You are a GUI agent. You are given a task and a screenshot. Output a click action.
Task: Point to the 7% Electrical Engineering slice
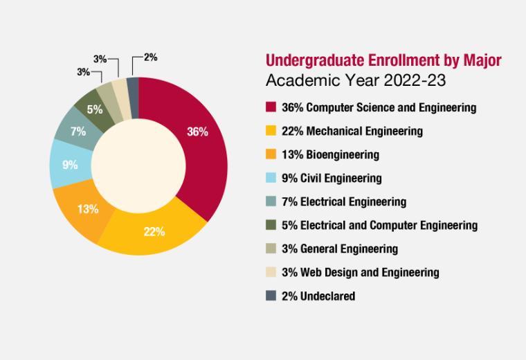[78, 130]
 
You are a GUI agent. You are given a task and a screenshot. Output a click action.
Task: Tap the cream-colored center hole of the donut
[138, 166]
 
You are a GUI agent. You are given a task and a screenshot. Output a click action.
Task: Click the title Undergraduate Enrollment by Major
[383, 60]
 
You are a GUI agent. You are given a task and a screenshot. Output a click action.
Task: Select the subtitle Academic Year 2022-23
[356, 80]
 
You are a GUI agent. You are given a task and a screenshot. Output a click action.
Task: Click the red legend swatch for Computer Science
[271, 107]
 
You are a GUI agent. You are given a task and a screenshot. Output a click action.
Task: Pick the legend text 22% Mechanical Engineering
[352, 131]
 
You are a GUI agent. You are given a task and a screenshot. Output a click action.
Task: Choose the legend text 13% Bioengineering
[330, 154]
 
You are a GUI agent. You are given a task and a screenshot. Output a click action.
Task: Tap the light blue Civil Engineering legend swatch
[271, 178]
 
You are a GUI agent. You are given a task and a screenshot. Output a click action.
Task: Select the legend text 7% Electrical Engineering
[344, 201]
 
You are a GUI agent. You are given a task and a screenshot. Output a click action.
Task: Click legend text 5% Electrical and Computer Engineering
[379, 225]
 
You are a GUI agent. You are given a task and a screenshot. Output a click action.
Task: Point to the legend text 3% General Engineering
[340, 249]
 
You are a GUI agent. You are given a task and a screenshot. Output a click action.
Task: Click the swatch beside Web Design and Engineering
[271, 272]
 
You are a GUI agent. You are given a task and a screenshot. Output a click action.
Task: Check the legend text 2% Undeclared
[318, 296]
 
